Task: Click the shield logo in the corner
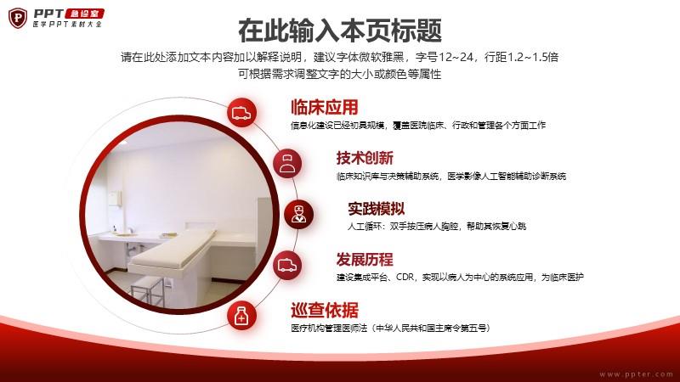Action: (18, 18)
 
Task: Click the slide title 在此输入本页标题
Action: (340, 31)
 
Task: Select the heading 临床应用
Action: (325, 107)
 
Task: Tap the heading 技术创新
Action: (365, 158)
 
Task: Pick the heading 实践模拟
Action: (376, 209)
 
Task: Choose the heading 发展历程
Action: (365, 260)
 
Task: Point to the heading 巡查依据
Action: (325, 310)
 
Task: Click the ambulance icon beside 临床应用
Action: (241, 113)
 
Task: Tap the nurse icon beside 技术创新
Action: (287, 163)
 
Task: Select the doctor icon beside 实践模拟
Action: (298, 215)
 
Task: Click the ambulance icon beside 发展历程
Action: (287, 265)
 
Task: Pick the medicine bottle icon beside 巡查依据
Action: (241, 316)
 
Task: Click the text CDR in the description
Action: (405, 277)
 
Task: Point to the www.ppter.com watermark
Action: (636, 374)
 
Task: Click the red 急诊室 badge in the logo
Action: (84, 14)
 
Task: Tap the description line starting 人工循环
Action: (437, 226)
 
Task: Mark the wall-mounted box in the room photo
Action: (114, 198)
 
